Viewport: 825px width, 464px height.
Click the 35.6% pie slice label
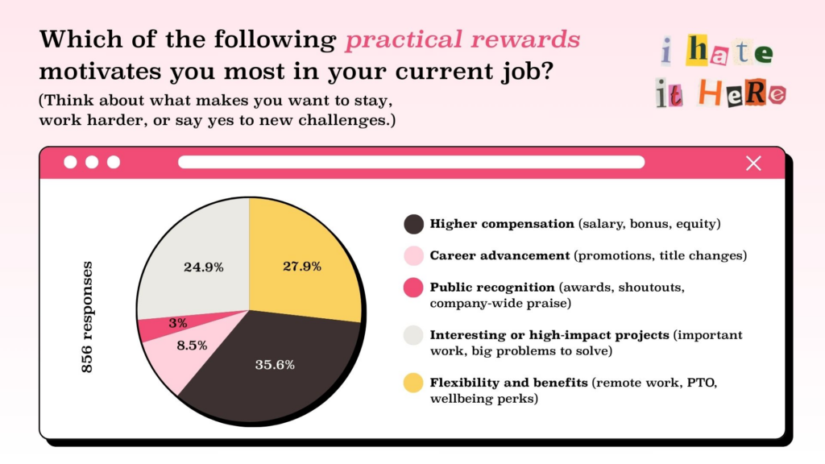(275, 365)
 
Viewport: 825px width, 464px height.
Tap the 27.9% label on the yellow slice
(302, 266)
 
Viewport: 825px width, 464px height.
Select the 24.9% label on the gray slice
(204, 267)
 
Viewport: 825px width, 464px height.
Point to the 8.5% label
(192, 345)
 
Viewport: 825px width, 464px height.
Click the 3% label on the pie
(178, 323)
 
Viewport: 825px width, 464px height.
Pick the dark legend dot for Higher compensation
(413, 224)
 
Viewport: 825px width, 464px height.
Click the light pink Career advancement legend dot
(413, 255)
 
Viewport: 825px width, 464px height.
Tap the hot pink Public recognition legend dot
(413, 288)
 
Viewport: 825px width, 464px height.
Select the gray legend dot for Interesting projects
(413, 335)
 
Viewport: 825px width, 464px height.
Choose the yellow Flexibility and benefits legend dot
(413, 383)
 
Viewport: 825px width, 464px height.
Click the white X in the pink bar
(753, 164)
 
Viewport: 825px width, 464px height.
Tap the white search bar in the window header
(412, 162)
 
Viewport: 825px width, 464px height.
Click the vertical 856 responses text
(87, 317)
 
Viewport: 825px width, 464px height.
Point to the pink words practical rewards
(462, 40)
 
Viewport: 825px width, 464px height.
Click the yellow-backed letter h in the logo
(698, 50)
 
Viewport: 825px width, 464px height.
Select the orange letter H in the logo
(710, 93)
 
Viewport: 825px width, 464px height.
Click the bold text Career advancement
(500, 255)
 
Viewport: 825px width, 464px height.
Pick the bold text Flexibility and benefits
(509, 383)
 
